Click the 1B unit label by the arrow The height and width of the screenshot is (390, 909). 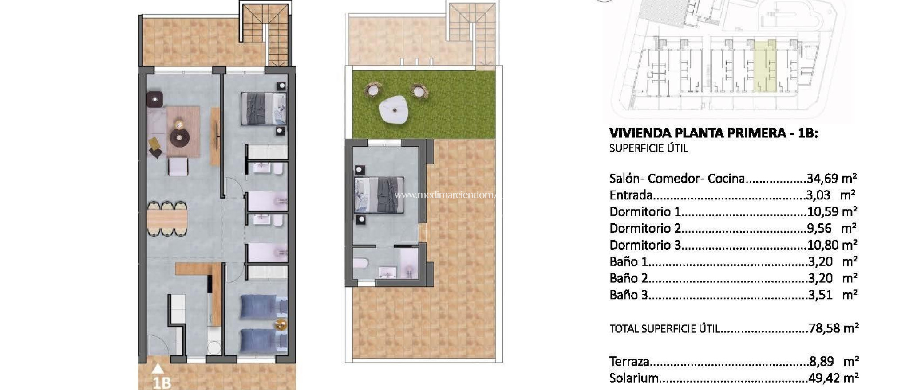click(x=162, y=382)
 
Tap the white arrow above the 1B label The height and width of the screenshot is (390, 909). click(x=158, y=368)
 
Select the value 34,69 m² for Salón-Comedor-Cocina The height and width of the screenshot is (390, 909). click(x=831, y=179)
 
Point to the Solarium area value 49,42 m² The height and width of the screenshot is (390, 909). click(x=833, y=378)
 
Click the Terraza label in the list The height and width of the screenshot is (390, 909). click(x=629, y=362)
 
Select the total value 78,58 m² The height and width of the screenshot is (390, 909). click(x=833, y=328)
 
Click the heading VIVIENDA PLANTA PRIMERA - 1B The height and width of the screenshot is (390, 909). click(x=713, y=133)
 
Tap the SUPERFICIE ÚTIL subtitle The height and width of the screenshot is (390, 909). click(x=648, y=148)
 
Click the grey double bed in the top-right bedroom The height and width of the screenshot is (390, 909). click(x=263, y=108)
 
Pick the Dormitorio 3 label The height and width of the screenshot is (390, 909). click(x=645, y=245)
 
